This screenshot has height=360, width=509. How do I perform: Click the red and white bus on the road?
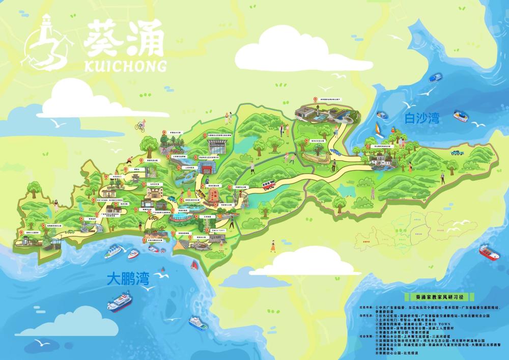click(x=269, y=185)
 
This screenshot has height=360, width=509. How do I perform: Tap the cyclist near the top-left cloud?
click(x=140, y=125)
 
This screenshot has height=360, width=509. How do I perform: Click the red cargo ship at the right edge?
click(x=489, y=252)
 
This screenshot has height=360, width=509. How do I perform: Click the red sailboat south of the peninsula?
click(x=194, y=265)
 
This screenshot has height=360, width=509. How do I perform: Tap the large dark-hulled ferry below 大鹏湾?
click(x=119, y=302)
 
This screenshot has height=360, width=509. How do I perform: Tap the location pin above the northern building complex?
click(x=315, y=100)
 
